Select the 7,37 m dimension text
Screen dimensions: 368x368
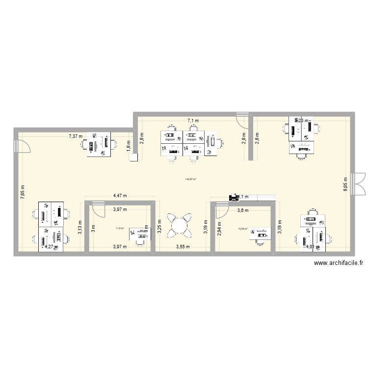76,136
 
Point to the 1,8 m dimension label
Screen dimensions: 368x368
129,146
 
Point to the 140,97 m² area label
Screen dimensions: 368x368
190,179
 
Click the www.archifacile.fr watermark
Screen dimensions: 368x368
339,263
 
